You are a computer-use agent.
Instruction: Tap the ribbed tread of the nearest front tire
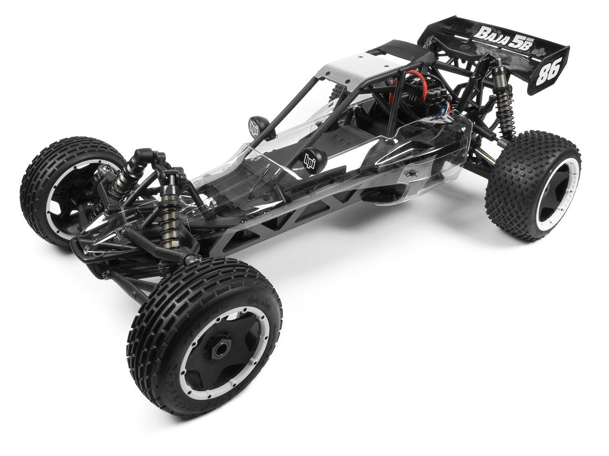(164, 305)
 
